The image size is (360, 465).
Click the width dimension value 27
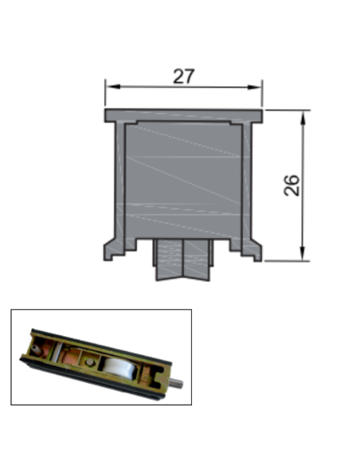click(184, 76)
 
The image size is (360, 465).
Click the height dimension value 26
click(292, 186)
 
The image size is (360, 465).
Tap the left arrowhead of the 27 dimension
click(110, 87)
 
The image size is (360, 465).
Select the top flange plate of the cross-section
click(183, 115)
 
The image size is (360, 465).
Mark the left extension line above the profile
click(105, 94)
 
